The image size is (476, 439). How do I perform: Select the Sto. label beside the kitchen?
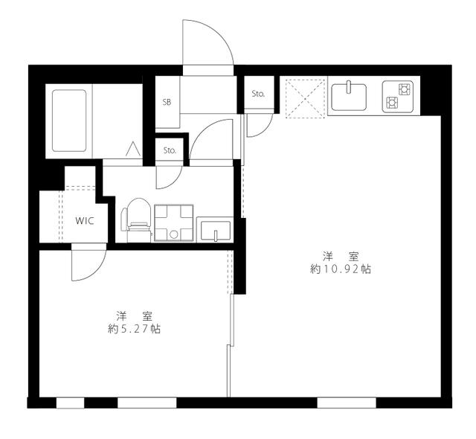[258, 94]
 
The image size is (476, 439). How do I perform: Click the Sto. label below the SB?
[170, 150]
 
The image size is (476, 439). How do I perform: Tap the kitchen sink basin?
[349, 97]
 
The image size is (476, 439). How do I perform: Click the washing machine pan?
[173, 222]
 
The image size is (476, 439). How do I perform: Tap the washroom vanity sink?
[215, 229]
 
